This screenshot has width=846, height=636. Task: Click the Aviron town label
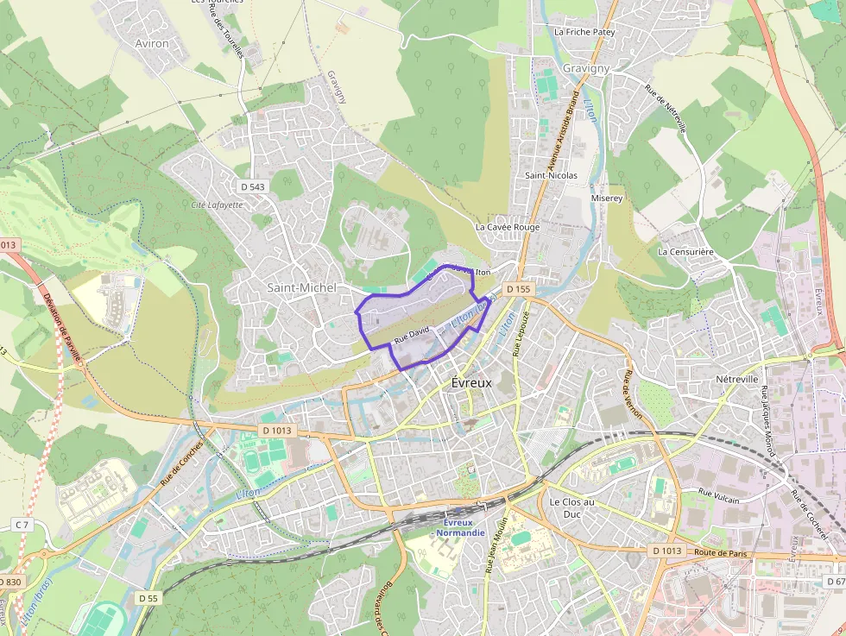152,43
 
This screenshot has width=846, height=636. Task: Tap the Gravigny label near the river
585,68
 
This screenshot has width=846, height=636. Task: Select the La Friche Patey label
584,32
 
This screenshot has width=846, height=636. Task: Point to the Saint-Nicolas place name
551,175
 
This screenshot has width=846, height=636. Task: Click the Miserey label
606,198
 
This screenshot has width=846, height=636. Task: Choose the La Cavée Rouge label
507,227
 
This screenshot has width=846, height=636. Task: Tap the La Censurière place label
685,252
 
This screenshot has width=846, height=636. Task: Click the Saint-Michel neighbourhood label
301,287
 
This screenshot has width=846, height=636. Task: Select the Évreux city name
471,383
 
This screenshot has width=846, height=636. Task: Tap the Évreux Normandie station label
460,527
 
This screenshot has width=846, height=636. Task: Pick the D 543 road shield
251,186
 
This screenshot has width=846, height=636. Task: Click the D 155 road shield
517,289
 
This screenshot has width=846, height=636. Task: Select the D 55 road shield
148,597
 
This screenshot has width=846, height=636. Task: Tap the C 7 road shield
22,525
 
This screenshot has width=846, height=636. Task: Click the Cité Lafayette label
217,205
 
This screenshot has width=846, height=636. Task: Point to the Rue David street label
411,333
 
